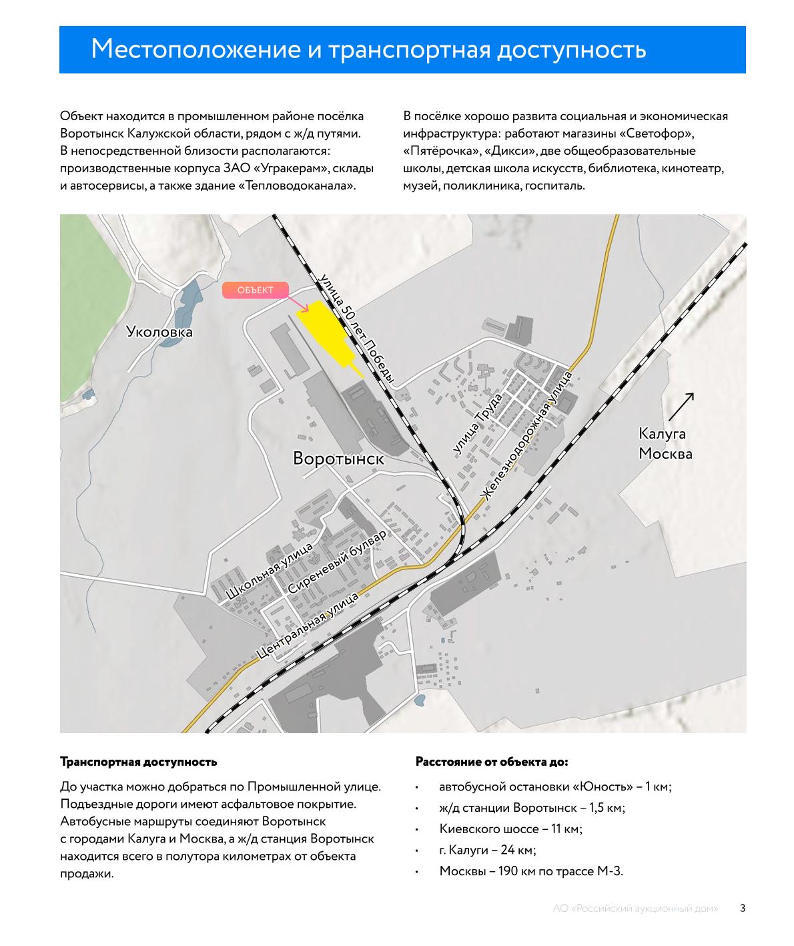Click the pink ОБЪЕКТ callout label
click(x=256, y=290)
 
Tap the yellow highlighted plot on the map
click(x=324, y=332)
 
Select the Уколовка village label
click(x=159, y=332)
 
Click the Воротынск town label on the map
click(x=338, y=459)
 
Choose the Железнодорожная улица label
click(x=527, y=437)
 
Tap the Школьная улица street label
click(x=270, y=571)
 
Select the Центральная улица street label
click(x=308, y=626)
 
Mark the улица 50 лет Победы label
click(x=358, y=328)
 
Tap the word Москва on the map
click(x=665, y=454)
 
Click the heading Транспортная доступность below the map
click(x=138, y=762)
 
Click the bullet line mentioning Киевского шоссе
click(x=510, y=829)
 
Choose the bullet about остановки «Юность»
click(x=555, y=786)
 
